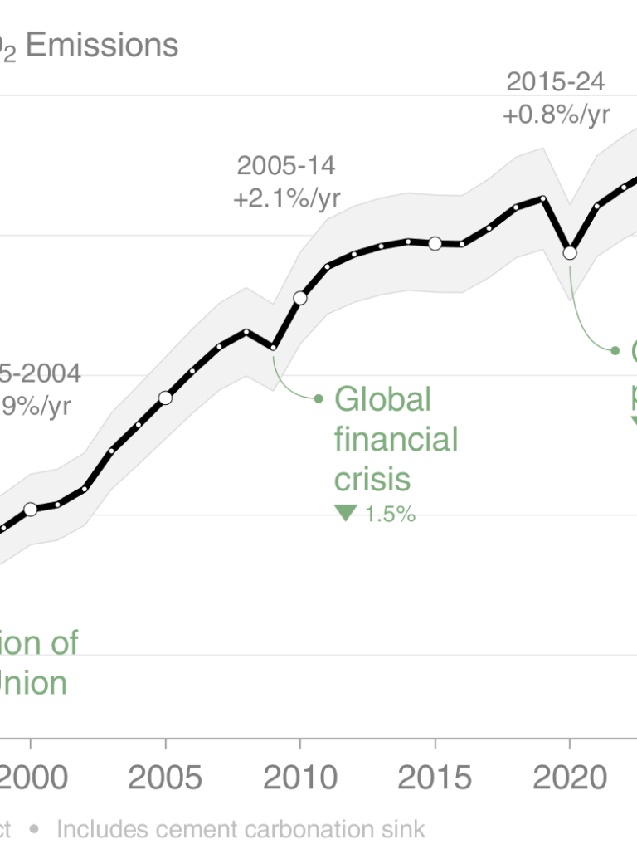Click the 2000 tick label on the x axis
[32, 778]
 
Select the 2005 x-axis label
[166, 778]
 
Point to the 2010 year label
[300, 778]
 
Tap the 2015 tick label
[435, 778]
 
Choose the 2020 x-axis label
[569, 778]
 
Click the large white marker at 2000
[31, 509]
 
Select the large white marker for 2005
[165, 398]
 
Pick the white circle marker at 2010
[300, 298]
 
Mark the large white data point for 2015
[435, 243]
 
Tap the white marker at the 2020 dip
[570, 252]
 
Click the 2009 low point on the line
[273, 347]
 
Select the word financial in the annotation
[396, 439]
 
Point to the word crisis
[372, 479]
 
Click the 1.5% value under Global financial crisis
[389, 514]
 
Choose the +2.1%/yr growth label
[286, 199]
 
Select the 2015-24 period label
[556, 81]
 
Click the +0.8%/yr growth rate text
[556, 115]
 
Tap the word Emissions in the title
[102, 45]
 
